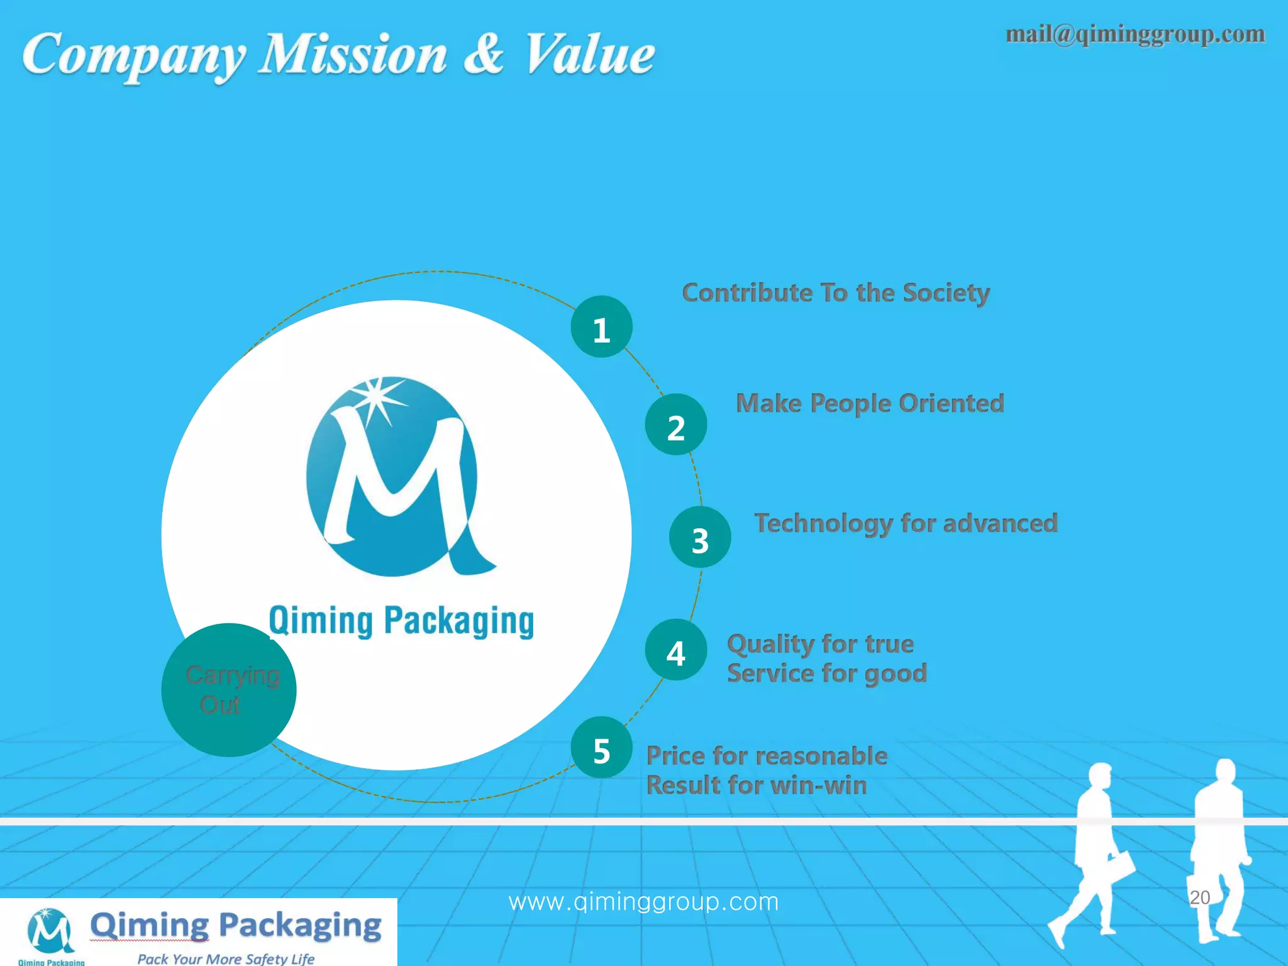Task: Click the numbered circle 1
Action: coord(601,327)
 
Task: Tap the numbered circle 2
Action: coord(676,425)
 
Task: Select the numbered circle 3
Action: coord(700,537)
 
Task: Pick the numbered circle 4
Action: coord(676,650)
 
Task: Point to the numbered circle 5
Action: coord(601,748)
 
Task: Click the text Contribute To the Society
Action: coord(836,293)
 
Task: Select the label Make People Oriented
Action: coord(870,403)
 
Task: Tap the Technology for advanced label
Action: coord(906,523)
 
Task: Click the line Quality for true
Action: coord(820,644)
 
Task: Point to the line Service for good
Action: coord(827,674)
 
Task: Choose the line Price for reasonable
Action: coord(767,755)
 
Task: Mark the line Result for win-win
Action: coord(757,785)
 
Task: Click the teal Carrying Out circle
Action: coord(229,690)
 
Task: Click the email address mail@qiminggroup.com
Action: coord(1135,35)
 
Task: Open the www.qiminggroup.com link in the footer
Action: coord(643,902)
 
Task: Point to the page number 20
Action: coord(1200,897)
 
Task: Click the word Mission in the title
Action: coord(353,54)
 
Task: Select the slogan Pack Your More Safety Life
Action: coord(226,958)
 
